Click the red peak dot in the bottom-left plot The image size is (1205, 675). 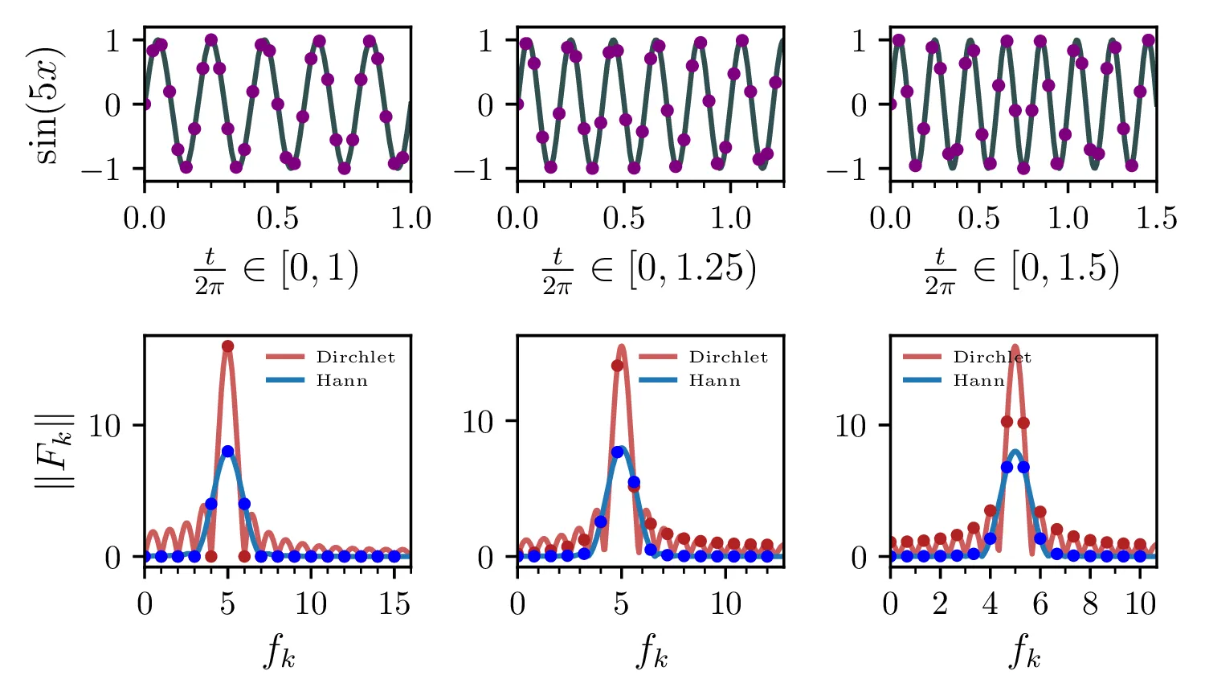pos(227,346)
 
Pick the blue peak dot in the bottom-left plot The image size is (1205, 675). pos(227,452)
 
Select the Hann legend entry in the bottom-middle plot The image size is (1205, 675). pos(714,381)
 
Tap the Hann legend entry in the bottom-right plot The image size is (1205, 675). pos(978,381)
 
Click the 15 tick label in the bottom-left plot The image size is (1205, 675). pos(394,603)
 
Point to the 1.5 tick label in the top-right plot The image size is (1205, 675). pos(1156,219)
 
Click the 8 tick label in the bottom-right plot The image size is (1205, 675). pos(1090,603)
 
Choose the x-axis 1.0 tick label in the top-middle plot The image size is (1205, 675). pos(730,219)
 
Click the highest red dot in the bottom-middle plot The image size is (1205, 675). pos(617,366)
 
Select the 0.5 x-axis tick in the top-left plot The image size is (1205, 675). pos(277,219)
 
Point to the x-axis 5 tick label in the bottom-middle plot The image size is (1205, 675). pos(621,603)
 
